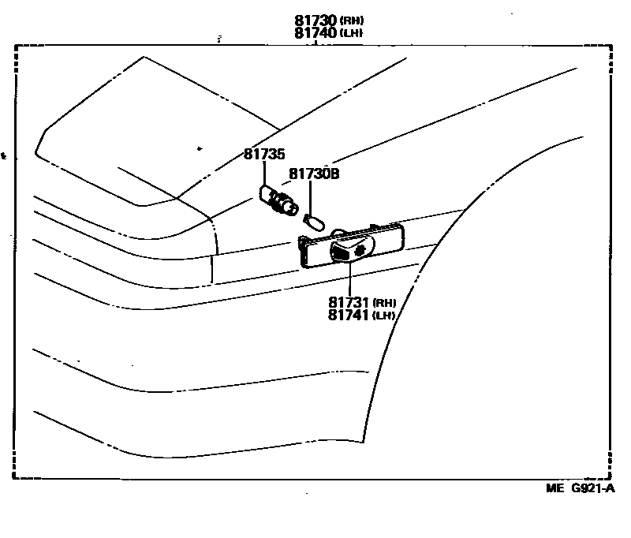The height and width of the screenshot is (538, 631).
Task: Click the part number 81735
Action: tap(263, 155)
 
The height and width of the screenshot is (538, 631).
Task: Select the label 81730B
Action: tap(313, 174)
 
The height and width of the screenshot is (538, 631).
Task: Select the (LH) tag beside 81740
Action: tap(353, 33)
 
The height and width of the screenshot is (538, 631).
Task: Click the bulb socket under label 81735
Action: tap(281, 204)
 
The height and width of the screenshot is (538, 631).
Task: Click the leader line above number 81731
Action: tap(348, 278)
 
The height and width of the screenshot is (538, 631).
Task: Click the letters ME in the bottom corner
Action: tap(556, 488)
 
